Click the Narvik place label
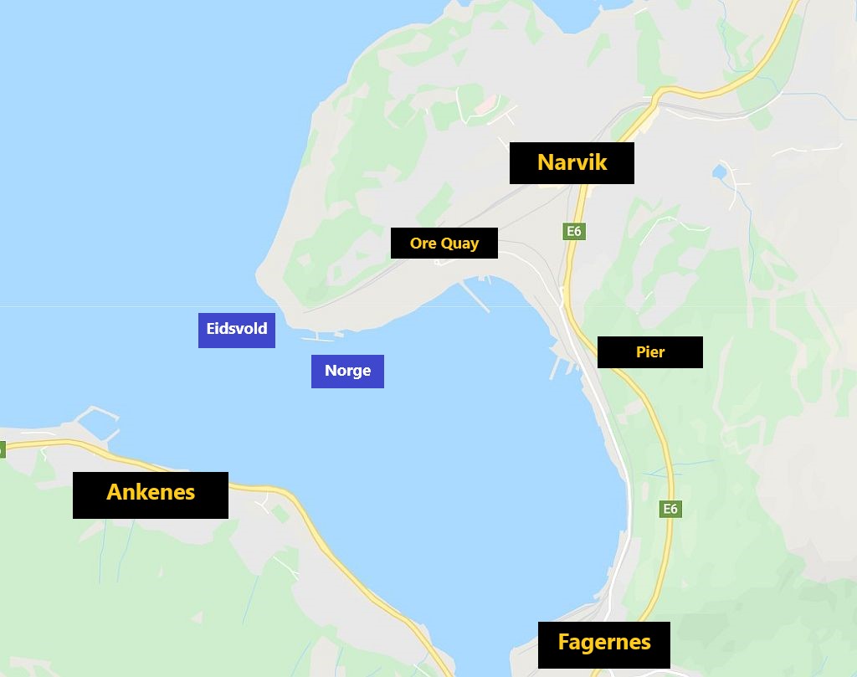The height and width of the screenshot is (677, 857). tap(572, 162)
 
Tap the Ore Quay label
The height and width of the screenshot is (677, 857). tap(444, 244)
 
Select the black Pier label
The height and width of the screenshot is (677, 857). tap(649, 352)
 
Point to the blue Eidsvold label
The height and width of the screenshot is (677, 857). tap(237, 329)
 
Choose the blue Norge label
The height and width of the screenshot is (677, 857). tap(347, 371)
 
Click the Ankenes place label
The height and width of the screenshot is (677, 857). tap(151, 493)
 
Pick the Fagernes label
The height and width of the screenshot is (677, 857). tap(603, 644)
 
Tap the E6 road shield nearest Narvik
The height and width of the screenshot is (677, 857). tap(573, 231)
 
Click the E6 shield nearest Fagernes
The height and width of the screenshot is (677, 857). tap(670, 509)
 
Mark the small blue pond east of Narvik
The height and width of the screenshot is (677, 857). tap(719, 173)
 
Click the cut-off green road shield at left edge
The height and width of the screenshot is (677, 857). tap(2, 449)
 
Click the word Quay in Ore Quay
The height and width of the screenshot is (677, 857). tap(461, 244)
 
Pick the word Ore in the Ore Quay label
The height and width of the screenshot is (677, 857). tap(423, 244)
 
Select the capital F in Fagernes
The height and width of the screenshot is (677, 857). tap(564, 644)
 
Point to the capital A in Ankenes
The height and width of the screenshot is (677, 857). tap(115, 493)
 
